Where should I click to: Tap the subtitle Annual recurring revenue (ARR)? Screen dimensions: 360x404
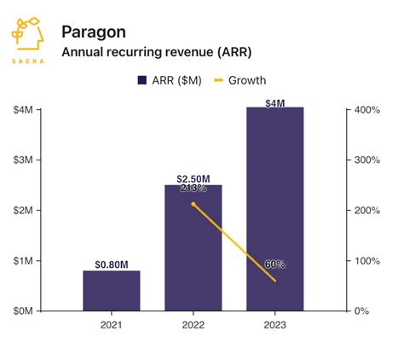click(x=156, y=52)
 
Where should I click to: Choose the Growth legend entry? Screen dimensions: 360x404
click(x=239, y=81)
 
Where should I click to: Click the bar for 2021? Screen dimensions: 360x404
click(x=111, y=291)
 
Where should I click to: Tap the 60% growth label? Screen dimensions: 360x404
click(x=274, y=264)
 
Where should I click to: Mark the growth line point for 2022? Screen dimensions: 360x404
click(x=193, y=204)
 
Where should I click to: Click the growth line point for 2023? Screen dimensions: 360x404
click(x=274, y=281)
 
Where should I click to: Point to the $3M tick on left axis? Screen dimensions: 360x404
click(x=23, y=160)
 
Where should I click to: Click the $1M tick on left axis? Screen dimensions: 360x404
click(x=23, y=261)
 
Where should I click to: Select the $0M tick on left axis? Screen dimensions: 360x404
click(x=23, y=311)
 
